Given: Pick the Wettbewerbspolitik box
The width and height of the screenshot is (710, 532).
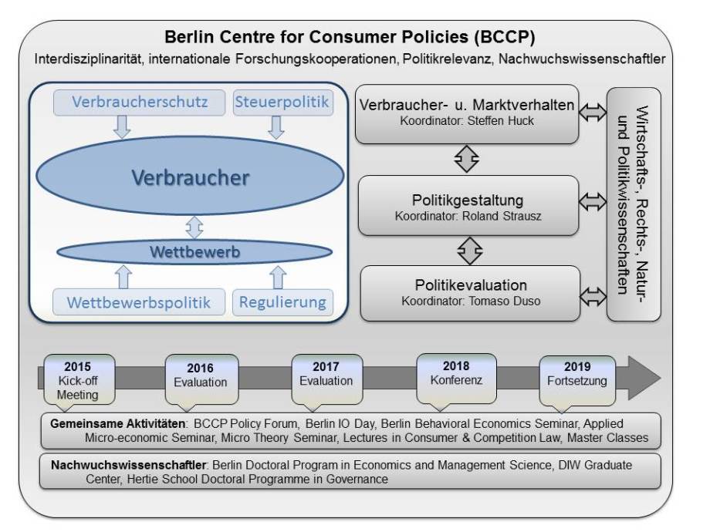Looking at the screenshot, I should click(139, 301).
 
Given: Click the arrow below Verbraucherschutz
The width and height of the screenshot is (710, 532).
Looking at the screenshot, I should click(121, 126).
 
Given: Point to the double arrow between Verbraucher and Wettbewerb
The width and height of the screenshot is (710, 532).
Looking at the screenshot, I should click(194, 227).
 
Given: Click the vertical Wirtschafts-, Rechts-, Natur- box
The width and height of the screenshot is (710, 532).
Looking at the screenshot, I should click(633, 204).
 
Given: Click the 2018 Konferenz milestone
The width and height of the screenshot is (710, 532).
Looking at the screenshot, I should click(455, 374).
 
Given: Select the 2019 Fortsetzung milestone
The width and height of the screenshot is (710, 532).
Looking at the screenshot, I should click(577, 374).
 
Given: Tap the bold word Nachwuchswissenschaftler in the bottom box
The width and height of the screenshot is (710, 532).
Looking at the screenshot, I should click(129, 466).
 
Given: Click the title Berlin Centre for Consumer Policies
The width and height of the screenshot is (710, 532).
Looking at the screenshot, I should click(350, 38).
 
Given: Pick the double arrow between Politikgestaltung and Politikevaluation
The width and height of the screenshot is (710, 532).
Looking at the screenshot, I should click(468, 250).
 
